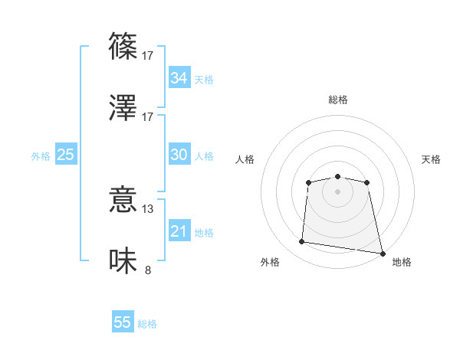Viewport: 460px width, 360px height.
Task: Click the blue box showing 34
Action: click(x=179, y=78)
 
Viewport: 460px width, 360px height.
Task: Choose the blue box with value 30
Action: click(x=179, y=155)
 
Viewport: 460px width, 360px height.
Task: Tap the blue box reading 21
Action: click(x=179, y=231)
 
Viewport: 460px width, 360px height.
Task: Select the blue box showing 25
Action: click(x=65, y=155)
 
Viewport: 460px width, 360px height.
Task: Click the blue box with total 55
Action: click(x=123, y=322)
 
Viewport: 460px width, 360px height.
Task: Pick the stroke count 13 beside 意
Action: click(x=148, y=208)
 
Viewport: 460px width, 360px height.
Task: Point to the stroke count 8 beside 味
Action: click(x=148, y=269)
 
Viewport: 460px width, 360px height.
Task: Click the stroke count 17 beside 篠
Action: click(x=148, y=55)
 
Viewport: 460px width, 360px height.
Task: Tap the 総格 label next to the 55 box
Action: click(x=147, y=324)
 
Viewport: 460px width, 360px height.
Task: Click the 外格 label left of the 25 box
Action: click(x=41, y=156)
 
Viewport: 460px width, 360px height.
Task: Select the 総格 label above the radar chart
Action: click(x=337, y=100)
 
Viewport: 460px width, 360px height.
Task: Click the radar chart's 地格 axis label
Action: click(x=402, y=262)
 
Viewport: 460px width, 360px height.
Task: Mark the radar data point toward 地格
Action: click(x=382, y=253)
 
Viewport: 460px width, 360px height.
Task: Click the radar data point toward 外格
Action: click(x=302, y=242)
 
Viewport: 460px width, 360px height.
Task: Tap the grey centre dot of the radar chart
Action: click(x=337, y=191)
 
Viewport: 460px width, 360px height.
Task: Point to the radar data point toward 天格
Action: click(x=366, y=182)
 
